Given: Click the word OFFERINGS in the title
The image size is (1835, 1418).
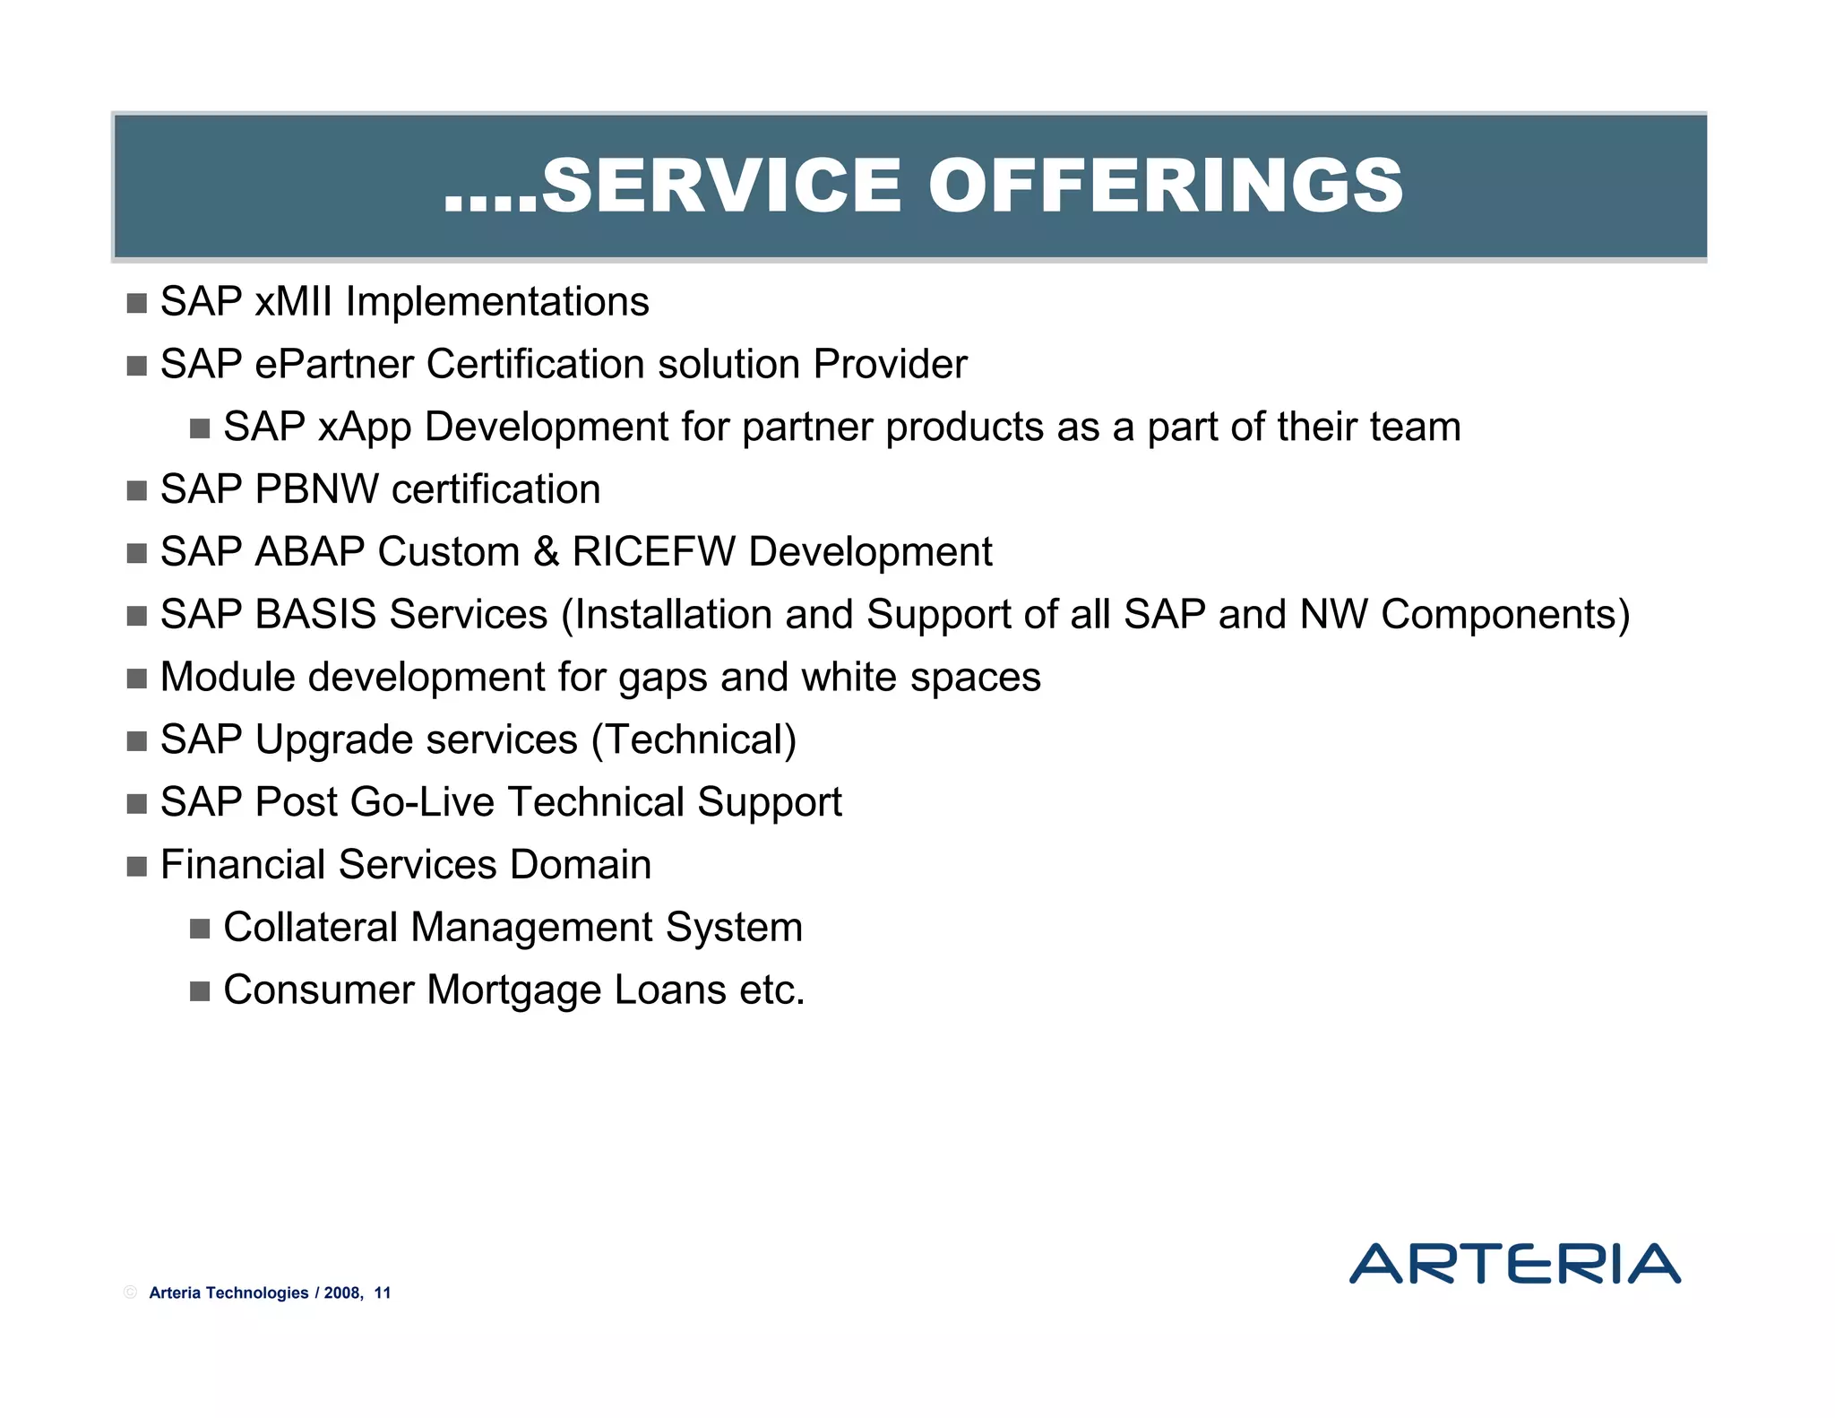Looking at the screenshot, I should click(x=1166, y=186).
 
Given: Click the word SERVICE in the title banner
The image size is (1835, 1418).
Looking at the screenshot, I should click(x=721, y=186).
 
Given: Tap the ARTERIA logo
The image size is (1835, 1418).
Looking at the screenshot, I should click(x=1514, y=1263).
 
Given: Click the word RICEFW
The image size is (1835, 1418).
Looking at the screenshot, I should click(x=653, y=552).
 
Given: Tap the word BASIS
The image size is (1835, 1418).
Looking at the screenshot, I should click(x=315, y=615).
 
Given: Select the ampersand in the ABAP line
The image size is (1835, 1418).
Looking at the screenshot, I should click(x=546, y=552).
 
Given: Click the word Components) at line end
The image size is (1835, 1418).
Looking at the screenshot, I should click(x=1505, y=615).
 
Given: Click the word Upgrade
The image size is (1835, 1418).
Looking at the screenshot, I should click(x=326, y=740).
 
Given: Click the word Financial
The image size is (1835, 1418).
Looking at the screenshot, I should click(x=242, y=865).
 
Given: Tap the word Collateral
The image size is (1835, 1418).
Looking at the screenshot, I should click(x=310, y=928).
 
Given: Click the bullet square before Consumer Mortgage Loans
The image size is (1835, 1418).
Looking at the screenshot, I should click(x=200, y=991).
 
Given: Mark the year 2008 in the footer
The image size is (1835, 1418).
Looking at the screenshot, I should click(x=342, y=1293).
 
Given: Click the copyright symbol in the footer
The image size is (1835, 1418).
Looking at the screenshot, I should click(x=131, y=1293).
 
